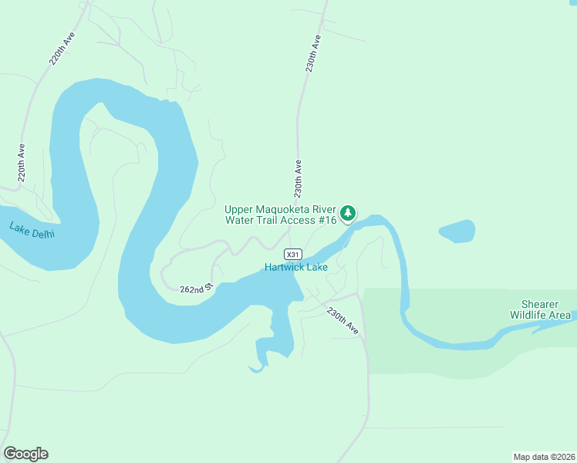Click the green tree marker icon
coord(349,212)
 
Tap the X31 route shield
coord(292,254)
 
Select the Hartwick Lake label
coord(296,268)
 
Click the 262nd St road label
coord(196,289)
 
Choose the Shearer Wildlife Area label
coord(540,309)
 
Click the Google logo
coord(25,454)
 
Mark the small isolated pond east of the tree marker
coord(457,231)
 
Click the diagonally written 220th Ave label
coord(62,49)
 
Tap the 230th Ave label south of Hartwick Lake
coord(342,321)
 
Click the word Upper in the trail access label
coord(238,209)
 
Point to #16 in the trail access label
coord(328,220)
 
